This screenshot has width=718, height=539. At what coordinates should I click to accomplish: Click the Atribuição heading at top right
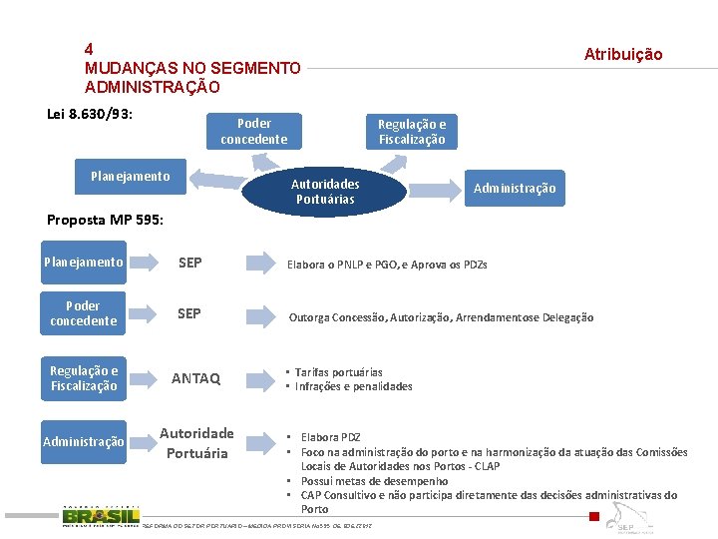[x=622, y=54]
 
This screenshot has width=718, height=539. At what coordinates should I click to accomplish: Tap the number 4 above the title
[x=90, y=48]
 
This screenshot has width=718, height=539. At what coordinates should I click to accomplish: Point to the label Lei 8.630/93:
[x=91, y=113]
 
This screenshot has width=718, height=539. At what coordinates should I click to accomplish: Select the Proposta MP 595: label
[x=105, y=220]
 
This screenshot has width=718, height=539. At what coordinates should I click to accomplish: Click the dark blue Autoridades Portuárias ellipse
[x=325, y=192]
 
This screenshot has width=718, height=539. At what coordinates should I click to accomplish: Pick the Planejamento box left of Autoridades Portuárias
[x=130, y=177]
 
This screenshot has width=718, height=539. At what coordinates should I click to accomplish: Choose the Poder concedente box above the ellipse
[x=253, y=132]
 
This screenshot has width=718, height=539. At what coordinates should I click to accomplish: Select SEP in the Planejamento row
[x=189, y=263]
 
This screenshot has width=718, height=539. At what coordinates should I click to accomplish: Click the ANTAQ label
[x=195, y=378]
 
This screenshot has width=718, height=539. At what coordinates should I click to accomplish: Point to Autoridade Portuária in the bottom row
[x=196, y=443]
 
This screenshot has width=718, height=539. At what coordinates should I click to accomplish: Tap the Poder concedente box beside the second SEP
[x=84, y=313]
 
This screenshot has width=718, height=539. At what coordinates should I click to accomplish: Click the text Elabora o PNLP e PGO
[x=358, y=265]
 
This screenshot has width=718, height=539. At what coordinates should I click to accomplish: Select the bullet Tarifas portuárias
[x=338, y=372]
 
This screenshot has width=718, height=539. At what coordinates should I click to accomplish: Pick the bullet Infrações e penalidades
[x=353, y=386]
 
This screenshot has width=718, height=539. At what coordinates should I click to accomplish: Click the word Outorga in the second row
[x=310, y=317]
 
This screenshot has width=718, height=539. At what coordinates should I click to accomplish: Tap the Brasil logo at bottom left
[x=100, y=516]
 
